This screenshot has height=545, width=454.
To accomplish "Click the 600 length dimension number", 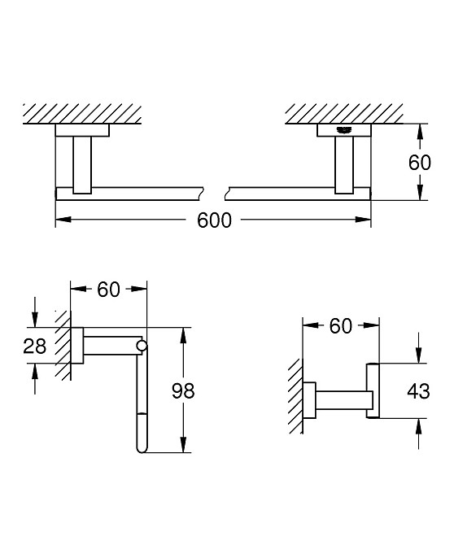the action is pos(214,220).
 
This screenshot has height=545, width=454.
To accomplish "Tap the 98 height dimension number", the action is pos(183,390).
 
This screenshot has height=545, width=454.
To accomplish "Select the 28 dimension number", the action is pos(34,347).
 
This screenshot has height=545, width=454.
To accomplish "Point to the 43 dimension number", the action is pos(418,391).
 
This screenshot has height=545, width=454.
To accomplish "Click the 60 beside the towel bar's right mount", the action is pos(420,163).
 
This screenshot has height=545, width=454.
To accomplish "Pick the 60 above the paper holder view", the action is pos(108,290).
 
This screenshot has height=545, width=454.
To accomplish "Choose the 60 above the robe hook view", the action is pos(341,326).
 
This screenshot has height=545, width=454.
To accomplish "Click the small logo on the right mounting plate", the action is pos(344,130).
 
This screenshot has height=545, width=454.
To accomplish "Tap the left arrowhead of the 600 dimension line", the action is pos(63,220).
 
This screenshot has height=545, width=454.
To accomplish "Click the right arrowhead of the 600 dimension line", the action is pos(363,220).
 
